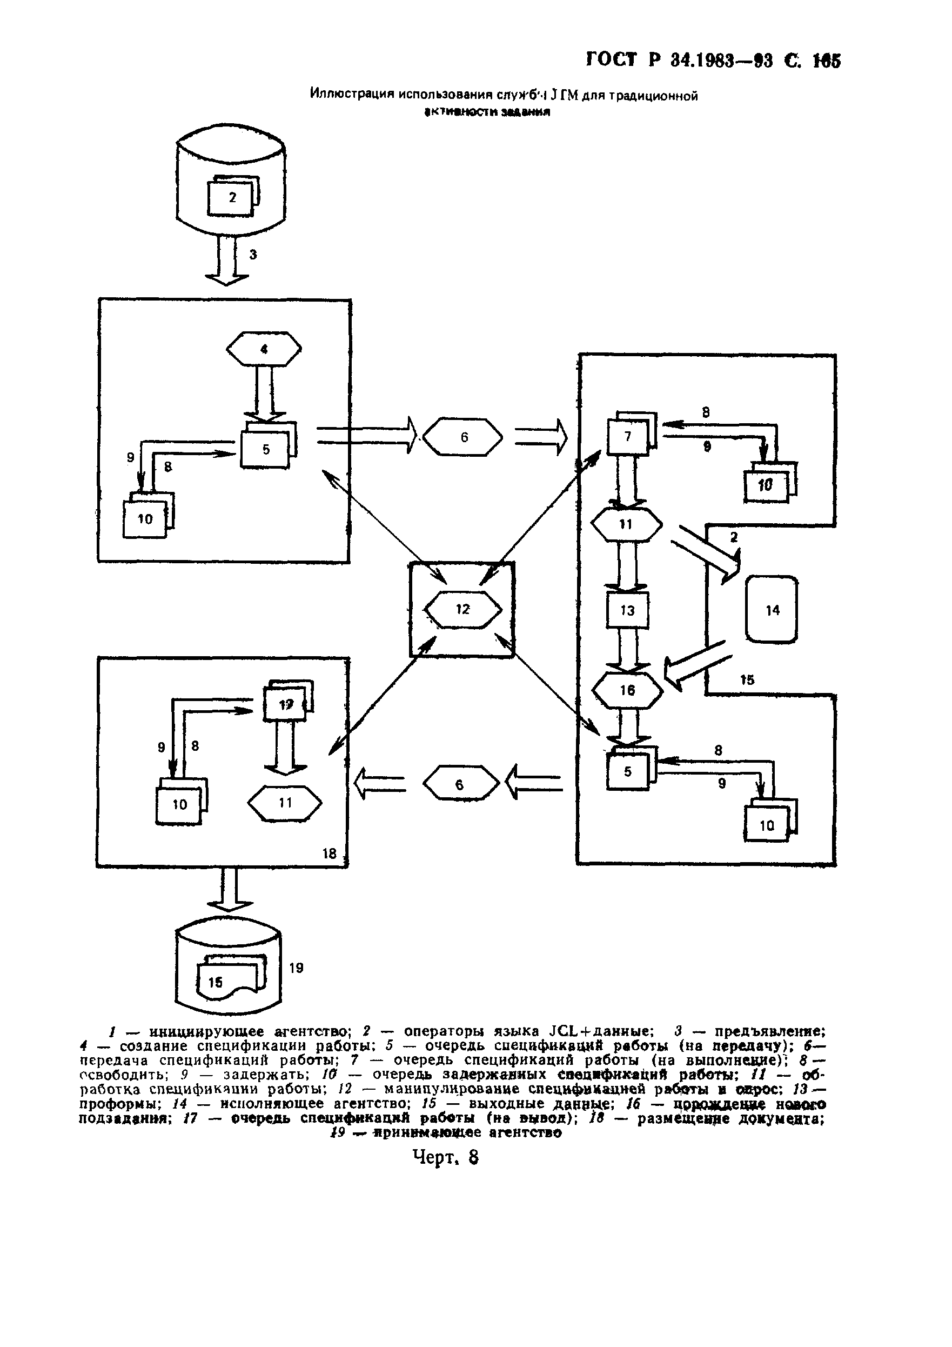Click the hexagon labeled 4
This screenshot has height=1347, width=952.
[264, 350]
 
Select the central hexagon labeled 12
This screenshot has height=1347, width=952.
[463, 610]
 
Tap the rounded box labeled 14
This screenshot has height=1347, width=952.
[772, 610]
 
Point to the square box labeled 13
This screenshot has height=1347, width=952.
[627, 611]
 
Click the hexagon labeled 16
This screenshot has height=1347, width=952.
[627, 690]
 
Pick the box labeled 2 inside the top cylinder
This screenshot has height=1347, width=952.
[232, 198]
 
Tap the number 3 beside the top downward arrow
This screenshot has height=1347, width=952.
[253, 255]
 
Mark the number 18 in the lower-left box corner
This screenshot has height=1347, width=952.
[330, 853]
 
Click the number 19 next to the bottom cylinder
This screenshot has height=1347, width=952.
[296, 968]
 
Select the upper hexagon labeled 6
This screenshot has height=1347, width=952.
[464, 437]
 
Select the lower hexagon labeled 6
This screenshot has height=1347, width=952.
[460, 784]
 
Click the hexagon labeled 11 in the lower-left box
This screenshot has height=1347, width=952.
[285, 803]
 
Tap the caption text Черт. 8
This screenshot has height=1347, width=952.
[446, 1157]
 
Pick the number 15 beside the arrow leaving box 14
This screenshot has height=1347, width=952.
[747, 681]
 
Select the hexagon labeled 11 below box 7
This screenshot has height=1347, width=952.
[626, 524]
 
